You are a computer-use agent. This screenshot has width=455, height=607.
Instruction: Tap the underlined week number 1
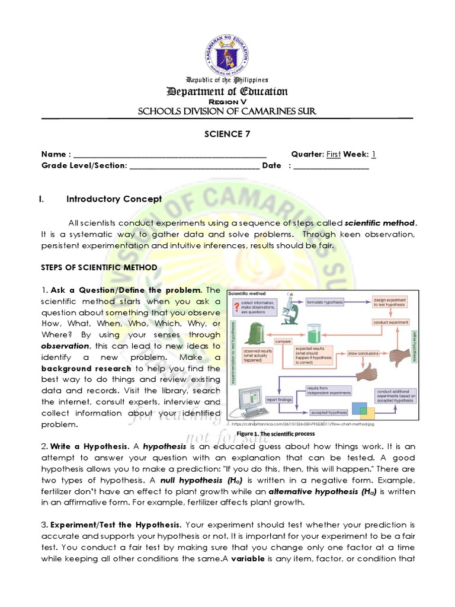click(x=374, y=155)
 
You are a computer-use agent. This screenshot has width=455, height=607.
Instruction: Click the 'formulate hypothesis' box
click(x=325, y=302)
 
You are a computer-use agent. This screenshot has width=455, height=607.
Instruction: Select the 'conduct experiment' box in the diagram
click(x=390, y=322)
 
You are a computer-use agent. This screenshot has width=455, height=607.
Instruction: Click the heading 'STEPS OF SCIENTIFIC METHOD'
click(x=99, y=268)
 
